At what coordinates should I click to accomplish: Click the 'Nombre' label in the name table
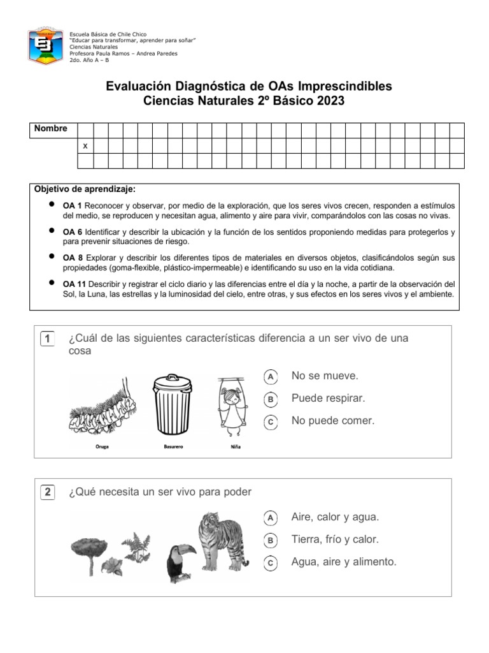[x=51, y=129]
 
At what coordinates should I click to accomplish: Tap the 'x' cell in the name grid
[x=85, y=146]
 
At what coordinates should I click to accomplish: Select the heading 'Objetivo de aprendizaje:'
[x=84, y=190]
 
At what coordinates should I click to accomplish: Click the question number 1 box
[x=48, y=339]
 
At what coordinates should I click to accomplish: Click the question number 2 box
[x=48, y=492]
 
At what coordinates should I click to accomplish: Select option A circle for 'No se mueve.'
[x=271, y=378]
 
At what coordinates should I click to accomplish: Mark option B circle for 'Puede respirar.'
[x=271, y=400]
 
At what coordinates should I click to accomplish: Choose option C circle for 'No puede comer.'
[x=271, y=422]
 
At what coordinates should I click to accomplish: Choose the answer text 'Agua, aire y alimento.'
[x=344, y=562]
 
